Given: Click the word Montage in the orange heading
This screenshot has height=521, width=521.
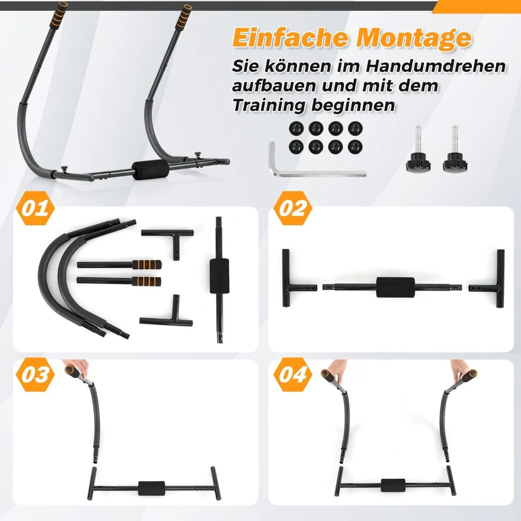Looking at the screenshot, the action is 414,39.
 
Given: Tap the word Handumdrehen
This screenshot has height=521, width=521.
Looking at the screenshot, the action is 435,66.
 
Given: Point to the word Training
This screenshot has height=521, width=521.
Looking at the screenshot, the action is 269,105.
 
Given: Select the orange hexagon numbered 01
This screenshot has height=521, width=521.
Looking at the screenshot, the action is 35,208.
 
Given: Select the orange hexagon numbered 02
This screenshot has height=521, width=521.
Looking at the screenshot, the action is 293,208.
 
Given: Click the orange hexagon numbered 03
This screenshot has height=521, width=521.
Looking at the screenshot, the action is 35,374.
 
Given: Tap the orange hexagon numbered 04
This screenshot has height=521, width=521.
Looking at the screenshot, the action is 293,374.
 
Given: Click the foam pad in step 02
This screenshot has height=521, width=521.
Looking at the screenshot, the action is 395,287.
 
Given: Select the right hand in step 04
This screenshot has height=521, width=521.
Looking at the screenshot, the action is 461,371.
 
